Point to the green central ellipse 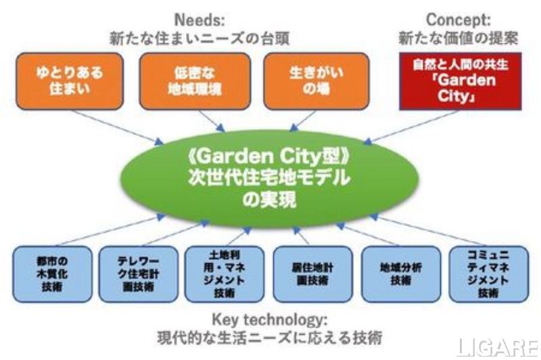270,178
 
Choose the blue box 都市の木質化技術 53,273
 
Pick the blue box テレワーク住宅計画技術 139,273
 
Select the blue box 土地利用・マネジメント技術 227,273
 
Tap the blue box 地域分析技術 401,273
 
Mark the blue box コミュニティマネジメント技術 487,273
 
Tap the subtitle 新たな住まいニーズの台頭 200,38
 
